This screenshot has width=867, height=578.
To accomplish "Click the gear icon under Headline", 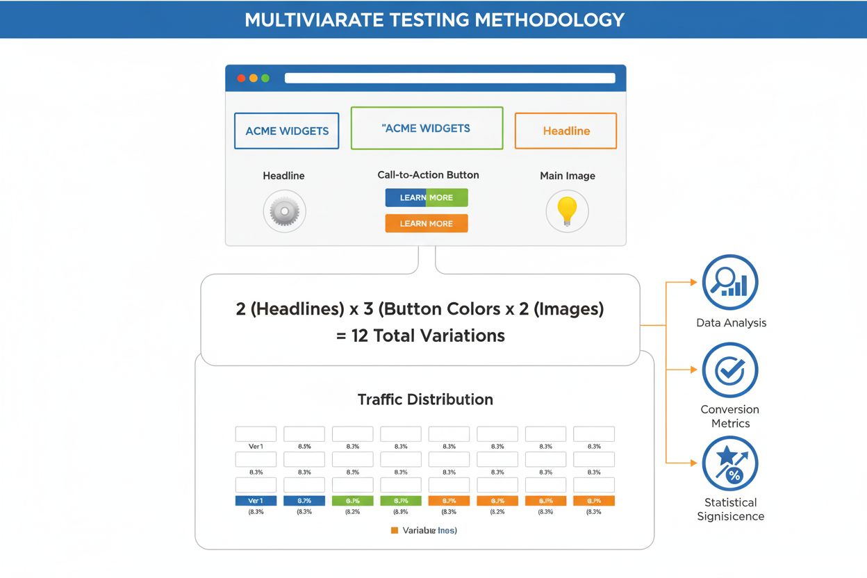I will point(284,210).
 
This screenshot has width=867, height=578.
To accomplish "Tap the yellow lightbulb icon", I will point(567,210).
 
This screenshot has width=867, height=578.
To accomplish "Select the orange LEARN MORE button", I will point(427,223).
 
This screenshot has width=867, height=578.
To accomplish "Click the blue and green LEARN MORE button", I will point(427,197).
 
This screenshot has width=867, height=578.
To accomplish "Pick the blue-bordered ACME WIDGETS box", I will point(287,131).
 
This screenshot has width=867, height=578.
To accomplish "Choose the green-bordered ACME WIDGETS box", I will point(427,128).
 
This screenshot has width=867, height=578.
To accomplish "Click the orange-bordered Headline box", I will point(565,131).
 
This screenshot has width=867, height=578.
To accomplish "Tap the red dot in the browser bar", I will point(242,78).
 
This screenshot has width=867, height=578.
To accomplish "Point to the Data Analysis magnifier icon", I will point(730,282).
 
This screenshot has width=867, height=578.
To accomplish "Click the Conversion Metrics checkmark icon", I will point(730,370).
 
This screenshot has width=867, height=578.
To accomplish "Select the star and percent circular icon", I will point(730,463).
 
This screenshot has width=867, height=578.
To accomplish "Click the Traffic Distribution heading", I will point(425,399).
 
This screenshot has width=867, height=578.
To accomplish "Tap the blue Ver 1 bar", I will point(256,500).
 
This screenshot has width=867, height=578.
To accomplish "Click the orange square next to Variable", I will point(395,530).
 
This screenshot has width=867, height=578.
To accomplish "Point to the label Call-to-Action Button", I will point(428,175).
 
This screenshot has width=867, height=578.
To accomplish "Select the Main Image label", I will point(567,176).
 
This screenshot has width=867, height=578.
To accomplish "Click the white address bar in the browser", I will point(449,78).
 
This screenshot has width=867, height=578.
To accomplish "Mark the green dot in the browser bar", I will point(265,78).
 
